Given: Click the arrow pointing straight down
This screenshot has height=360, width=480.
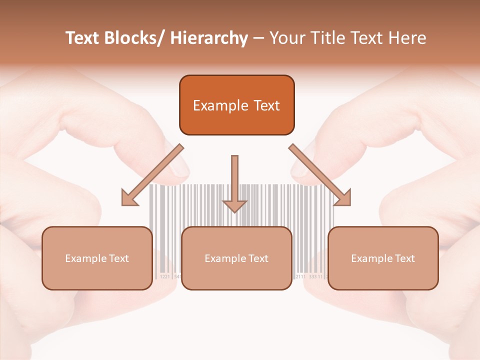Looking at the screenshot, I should pyautogui.click(x=234, y=185).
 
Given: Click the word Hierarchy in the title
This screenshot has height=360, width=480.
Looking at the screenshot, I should pyautogui.click(x=209, y=38).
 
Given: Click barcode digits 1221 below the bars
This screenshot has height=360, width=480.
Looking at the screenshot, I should pyautogui.click(x=165, y=276).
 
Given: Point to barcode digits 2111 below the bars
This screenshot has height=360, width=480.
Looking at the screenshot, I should pyautogui.click(x=301, y=276).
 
